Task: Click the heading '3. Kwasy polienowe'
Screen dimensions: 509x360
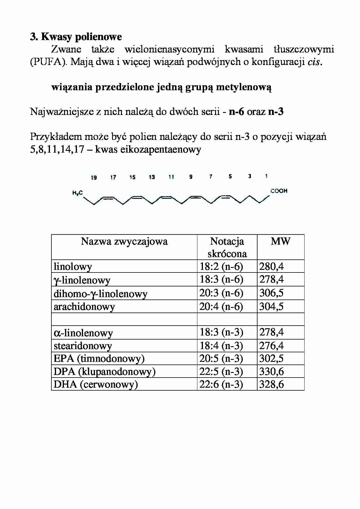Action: [76, 37]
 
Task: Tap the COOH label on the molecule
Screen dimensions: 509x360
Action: [279, 191]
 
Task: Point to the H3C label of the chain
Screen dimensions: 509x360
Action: [78, 193]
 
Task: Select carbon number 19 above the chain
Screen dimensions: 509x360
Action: [94, 178]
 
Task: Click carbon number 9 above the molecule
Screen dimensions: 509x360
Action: [191, 177]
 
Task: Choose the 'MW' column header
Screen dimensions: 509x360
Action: [280, 241]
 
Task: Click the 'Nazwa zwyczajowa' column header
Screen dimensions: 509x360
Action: [124, 241]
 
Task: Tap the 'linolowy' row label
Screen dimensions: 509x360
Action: [73, 266]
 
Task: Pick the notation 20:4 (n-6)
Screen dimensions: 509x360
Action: [221, 306]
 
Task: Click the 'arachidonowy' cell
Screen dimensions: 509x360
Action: [84, 307]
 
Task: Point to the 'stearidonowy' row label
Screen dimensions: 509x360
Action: [83, 346]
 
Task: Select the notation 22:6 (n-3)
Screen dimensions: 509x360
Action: [221, 385]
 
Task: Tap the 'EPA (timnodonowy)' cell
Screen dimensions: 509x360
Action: [99, 359]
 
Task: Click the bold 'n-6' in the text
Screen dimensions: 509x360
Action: [236, 112]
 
